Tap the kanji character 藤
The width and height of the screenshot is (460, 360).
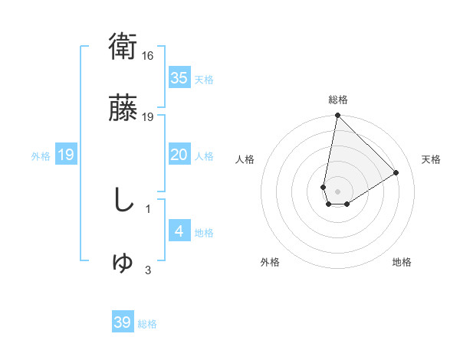click(123, 110)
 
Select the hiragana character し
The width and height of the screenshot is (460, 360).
click(123, 201)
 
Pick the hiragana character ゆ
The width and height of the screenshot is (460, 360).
click(123, 262)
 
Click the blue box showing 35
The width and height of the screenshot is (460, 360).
click(179, 78)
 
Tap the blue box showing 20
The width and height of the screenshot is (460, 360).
click(179, 155)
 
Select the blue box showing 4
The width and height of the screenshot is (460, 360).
click(179, 231)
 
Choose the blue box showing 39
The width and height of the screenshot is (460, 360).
click(123, 322)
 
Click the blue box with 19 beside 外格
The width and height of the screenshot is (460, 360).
click(66, 155)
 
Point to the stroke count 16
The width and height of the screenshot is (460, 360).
click(149, 56)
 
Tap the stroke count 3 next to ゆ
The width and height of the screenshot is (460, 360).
click(148, 270)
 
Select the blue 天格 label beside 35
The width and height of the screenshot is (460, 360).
click(204, 80)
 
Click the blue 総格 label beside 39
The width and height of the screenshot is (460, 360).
click(147, 324)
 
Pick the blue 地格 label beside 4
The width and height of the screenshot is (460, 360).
click(204, 233)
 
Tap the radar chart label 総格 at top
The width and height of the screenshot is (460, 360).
click(338, 100)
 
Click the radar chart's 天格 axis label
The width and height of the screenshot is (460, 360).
click(432, 159)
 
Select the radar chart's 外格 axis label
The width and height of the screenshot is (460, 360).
click(270, 262)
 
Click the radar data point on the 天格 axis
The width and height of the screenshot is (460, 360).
click(396, 173)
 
